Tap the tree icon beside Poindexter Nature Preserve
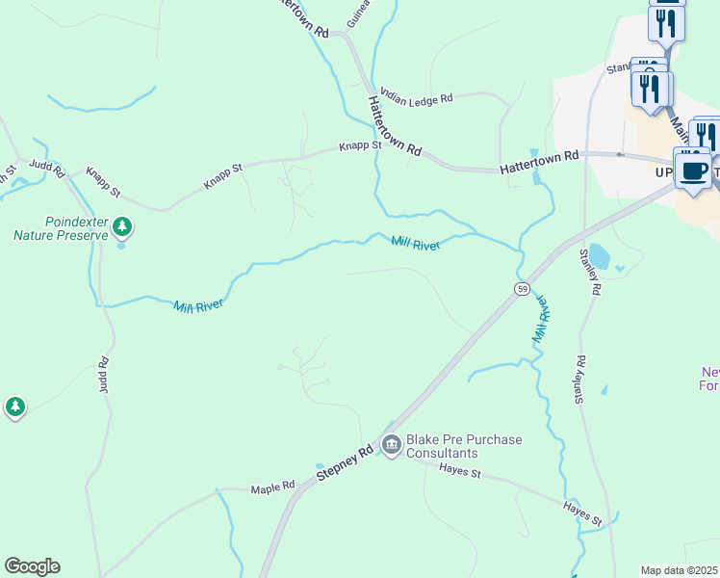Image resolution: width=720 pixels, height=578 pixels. [x=121, y=227]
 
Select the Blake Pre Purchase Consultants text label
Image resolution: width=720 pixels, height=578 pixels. [x=464, y=446]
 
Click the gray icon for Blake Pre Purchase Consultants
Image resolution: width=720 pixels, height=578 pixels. [x=391, y=444]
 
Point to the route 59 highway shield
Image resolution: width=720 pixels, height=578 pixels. [x=521, y=288]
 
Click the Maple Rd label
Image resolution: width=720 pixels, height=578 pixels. [x=272, y=488]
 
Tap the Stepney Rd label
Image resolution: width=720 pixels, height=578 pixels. [x=345, y=463]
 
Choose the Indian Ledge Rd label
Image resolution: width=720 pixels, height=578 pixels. [x=416, y=96]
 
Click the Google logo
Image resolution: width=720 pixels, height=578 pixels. [x=32, y=565]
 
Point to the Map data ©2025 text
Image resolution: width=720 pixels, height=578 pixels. [x=680, y=570]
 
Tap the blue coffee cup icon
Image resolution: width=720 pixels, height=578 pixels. [x=694, y=171]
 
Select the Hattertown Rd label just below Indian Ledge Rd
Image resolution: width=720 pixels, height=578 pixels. [x=395, y=124]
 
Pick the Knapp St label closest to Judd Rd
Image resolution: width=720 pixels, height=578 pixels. [x=103, y=182]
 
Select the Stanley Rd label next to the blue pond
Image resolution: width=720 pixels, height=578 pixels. [x=591, y=273]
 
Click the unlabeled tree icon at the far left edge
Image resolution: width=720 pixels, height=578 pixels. [x=14, y=407]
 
